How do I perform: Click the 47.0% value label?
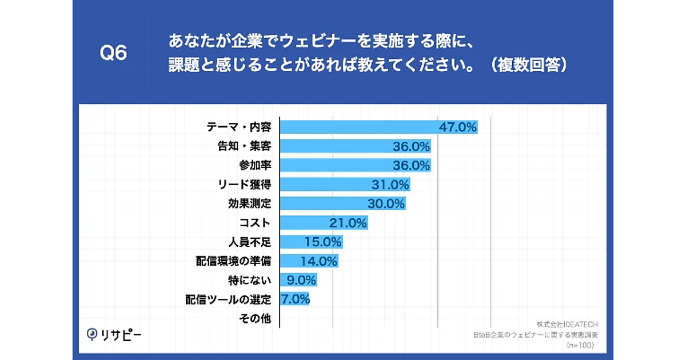coord(457,127)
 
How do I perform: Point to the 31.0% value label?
coord(390,185)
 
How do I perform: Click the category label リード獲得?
coord(245,185)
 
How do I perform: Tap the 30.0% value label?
coord(385,203)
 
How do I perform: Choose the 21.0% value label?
coord(348,223)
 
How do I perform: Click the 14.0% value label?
coord(318,261)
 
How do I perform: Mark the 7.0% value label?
coord(295,299)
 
